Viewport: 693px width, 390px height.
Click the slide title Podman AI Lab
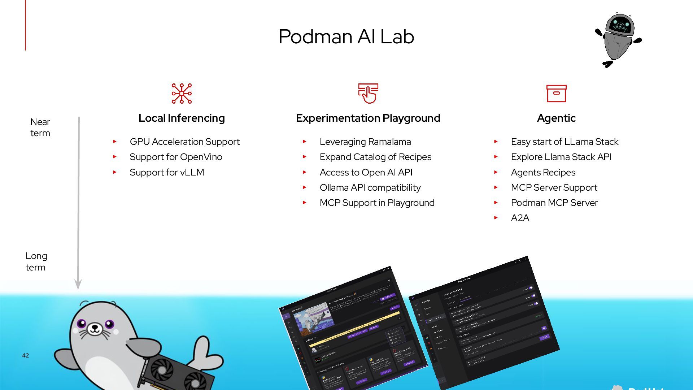[x=346, y=36]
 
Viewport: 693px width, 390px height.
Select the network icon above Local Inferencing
[x=182, y=94]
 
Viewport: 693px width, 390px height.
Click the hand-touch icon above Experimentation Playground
[x=368, y=94]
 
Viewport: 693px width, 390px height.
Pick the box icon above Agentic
[x=556, y=94]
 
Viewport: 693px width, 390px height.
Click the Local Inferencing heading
[x=182, y=118]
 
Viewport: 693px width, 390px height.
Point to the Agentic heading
[x=556, y=118]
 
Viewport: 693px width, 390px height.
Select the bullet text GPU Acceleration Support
[x=184, y=142]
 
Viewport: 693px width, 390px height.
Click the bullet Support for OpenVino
[x=176, y=157]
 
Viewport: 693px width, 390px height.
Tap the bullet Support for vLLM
[x=167, y=172]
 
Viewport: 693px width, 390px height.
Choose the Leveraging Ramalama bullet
[x=365, y=142]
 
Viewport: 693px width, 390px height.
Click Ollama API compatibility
[x=370, y=187]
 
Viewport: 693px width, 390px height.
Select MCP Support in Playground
[x=377, y=203]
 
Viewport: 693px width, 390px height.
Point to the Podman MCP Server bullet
[x=554, y=203]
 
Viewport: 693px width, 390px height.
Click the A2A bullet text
[x=520, y=218]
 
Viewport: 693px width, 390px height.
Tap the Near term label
[x=40, y=127]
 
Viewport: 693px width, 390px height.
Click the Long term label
[x=36, y=261]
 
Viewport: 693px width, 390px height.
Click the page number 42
[x=25, y=355]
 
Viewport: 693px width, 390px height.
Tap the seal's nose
[x=95, y=328]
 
